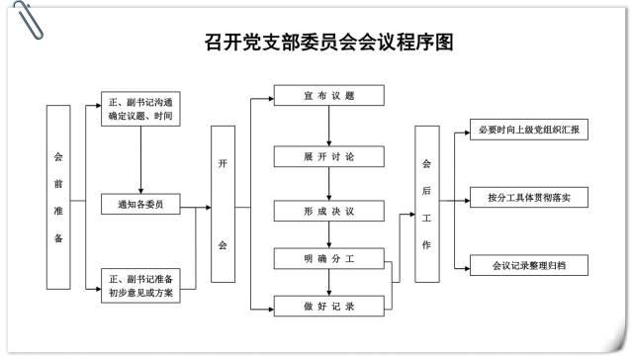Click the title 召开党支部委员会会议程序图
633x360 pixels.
pyautogui.click(x=316, y=42)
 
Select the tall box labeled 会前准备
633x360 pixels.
pyautogui.click(x=58, y=197)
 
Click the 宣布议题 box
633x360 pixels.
pyautogui.click(x=329, y=96)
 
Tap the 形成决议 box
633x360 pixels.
pyautogui.click(x=329, y=212)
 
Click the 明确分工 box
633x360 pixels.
pyautogui.click(x=329, y=259)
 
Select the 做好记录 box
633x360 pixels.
pyautogui.click(x=329, y=308)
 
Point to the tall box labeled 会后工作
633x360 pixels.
pyautogui.click(x=426, y=204)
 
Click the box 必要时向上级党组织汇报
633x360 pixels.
pyautogui.click(x=528, y=131)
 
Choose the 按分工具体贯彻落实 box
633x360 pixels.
pyautogui.click(x=528, y=198)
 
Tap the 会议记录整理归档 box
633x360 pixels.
pyautogui.click(x=528, y=266)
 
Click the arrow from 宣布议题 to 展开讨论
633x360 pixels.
pyautogui.click(x=329, y=127)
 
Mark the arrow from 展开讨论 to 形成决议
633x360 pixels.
pyautogui.click(x=329, y=185)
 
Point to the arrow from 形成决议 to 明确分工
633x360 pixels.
pyautogui.click(x=329, y=235)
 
